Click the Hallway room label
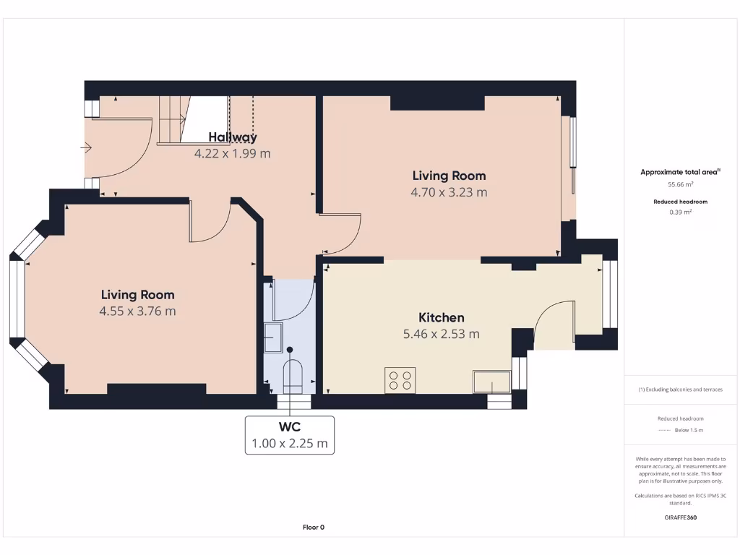pos(233,137)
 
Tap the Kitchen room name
pos(442,317)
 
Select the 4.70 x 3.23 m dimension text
pos(449,192)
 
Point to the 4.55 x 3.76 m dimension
pos(137,311)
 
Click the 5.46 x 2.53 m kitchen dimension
pos(442,334)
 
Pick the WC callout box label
pos(290,426)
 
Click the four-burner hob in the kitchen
pos(400,380)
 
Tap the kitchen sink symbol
pos(491,382)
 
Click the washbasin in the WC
pos(273,337)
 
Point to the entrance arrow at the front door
pos(86,148)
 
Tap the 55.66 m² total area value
pos(680,184)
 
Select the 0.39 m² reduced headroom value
pos(680,212)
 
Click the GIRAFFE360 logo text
pos(680,517)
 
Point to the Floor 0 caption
pos(314,527)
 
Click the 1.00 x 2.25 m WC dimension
pos(290,443)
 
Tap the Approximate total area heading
pos(679,172)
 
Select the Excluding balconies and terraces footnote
pos(680,390)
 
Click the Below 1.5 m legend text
pos(689,430)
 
